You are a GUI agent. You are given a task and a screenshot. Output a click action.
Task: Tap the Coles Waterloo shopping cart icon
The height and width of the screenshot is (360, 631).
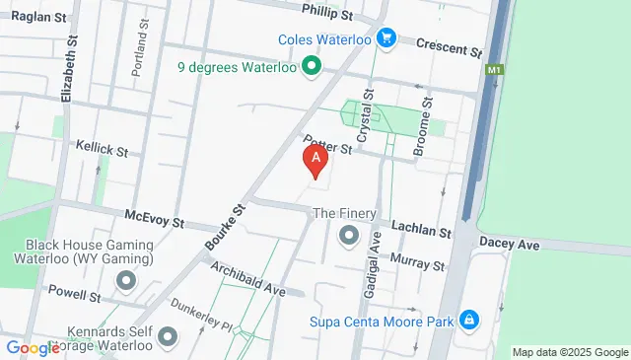pyautogui.click(x=387, y=38)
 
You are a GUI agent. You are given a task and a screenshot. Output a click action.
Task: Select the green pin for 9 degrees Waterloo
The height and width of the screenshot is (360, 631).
pyautogui.click(x=312, y=68)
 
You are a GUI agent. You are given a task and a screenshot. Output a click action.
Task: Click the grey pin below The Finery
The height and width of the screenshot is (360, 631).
pyautogui.click(x=348, y=236)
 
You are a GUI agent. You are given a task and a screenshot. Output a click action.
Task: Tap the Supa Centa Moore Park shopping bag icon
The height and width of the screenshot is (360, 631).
pyautogui.click(x=469, y=320)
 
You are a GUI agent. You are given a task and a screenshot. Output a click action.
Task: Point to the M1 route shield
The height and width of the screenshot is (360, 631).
pyautogui.click(x=494, y=70)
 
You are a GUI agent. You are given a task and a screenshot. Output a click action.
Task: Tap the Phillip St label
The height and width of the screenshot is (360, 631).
pyautogui.click(x=327, y=15)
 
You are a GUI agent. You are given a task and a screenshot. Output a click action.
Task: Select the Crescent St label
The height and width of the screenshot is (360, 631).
pyautogui.click(x=449, y=45)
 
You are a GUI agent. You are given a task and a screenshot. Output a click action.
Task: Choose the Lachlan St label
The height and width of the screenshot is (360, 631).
pyautogui.click(x=421, y=233)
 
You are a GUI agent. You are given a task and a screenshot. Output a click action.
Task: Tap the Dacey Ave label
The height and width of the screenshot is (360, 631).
pyautogui.click(x=509, y=243)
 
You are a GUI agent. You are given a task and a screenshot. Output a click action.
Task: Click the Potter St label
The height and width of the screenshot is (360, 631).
pyautogui.click(x=329, y=146)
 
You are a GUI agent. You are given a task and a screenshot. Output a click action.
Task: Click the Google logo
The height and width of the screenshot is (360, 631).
pyautogui.click(x=33, y=347)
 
